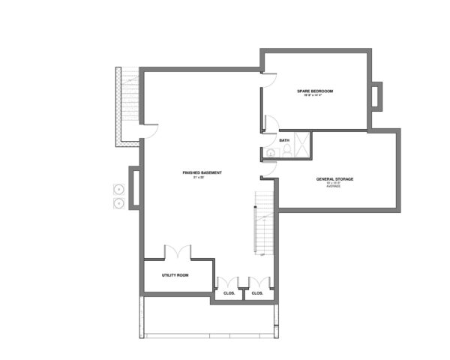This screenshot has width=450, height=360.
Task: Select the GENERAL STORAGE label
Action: point(334,179)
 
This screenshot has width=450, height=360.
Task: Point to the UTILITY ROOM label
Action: point(175,275)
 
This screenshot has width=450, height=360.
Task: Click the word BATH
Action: point(284,140)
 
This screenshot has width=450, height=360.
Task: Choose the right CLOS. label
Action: point(257,292)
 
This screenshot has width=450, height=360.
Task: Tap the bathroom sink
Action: point(269,154)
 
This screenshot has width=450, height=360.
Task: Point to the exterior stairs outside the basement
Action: point(128,105)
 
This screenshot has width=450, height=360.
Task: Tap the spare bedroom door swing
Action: point(269,80)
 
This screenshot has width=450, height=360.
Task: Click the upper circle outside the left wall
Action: point(118,188)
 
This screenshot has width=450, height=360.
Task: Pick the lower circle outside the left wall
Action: point(118,202)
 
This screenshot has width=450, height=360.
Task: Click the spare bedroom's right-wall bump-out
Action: point(376,95)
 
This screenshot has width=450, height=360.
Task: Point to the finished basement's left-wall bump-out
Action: point(133,187)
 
